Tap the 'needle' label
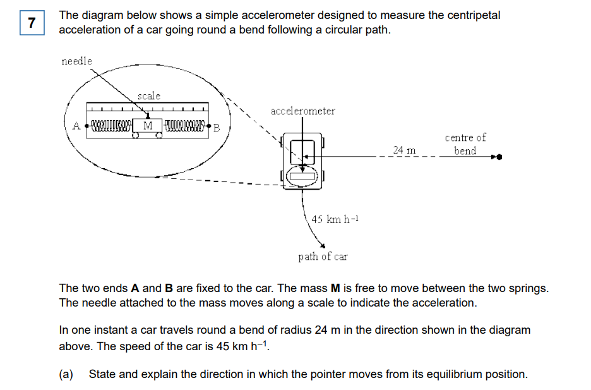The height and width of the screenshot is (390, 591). tap(76, 61)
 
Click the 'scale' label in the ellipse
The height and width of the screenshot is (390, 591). tap(149, 96)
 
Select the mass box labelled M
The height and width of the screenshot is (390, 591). tap(148, 125)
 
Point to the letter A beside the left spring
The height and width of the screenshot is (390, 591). tap(76, 126)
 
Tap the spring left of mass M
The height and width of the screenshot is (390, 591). tap(111, 125)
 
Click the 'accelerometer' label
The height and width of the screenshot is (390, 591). tap(302, 111)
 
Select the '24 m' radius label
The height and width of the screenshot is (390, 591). tap(404, 150)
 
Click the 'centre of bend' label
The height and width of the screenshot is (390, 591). tap(465, 144)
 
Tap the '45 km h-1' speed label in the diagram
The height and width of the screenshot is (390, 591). tap(335, 219)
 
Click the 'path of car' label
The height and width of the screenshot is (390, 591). tap(323, 257)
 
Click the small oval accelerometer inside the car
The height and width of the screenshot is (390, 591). tap(302, 177)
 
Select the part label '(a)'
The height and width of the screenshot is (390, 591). tap(66, 374)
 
